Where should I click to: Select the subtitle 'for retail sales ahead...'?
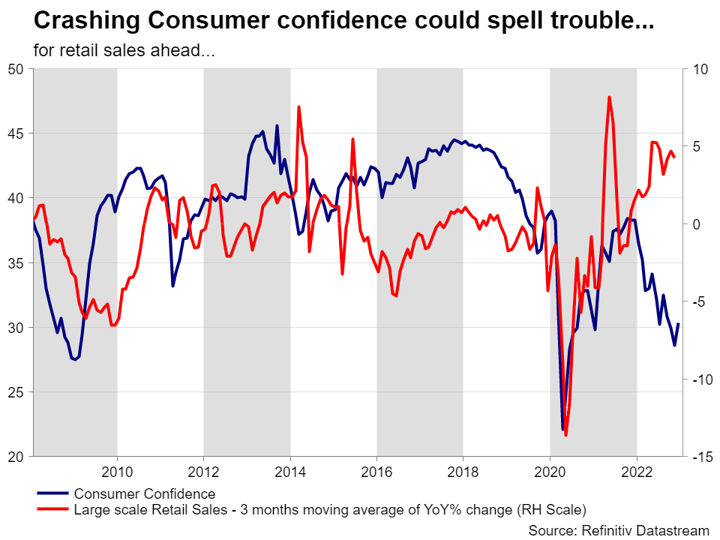tap(124, 51)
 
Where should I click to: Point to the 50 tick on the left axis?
tap(16, 69)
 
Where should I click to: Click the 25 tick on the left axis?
tap(16, 392)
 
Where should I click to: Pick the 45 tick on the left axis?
tap(16, 133)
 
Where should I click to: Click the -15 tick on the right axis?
tap(700, 457)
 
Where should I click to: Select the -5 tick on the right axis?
tap(700, 302)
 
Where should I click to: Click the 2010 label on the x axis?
tap(116, 471)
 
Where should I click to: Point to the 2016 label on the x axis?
tap(376, 471)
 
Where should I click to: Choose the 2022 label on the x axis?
tap(637, 471)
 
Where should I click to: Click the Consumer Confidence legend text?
tap(144, 493)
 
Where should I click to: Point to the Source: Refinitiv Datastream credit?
tap(619, 530)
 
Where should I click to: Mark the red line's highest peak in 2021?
tap(609, 97)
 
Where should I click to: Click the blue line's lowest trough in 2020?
tap(562, 430)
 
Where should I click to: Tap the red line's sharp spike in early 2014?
tap(298, 106)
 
